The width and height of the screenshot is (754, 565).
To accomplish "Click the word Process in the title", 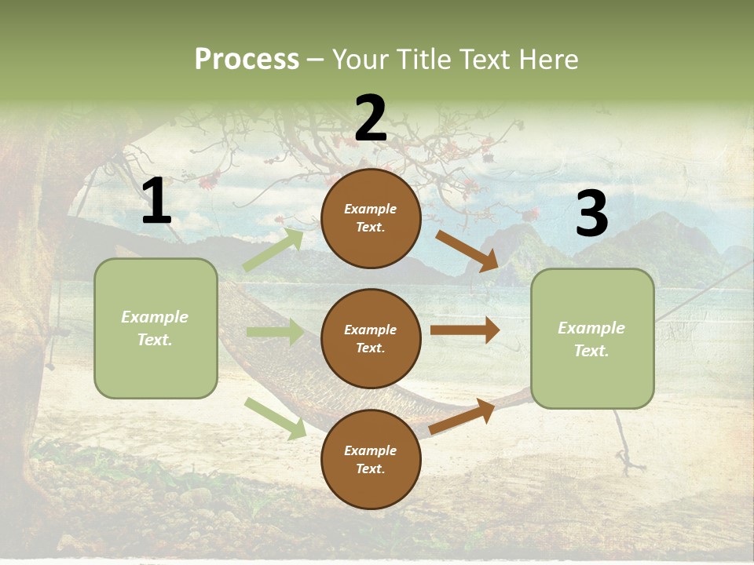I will pyautogui.click(x=247, y=60).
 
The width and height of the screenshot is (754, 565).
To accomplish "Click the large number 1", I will pyautogui.click(x=156, y=202).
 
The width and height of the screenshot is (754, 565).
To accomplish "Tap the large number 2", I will pyautogui.click(x=371, y=118).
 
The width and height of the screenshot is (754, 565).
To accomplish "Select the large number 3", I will pyautogui.click(x=591, y=213).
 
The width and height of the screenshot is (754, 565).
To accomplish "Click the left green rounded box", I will pyautogui.click(x=156, y=328).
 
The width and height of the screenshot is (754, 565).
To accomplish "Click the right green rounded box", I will pyautogui.click(x=592, y=338).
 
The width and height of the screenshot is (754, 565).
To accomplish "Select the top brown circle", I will pyautogui.click(x=371, y=218).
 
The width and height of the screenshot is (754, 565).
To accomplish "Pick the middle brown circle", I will pyautogui.click(x=371, y=338).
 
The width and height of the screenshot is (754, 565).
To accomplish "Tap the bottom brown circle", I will pyautogui.click(x=371, y=459).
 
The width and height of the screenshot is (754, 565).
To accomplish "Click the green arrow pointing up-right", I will pyautogui.click(x=273, y=250).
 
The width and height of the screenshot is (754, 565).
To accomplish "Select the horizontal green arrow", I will pyautogui.click(x=275, y=332).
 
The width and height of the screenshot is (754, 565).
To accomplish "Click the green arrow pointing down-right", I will pyautogui.click(x=275, y=418).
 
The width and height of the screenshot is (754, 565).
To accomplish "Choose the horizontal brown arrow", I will pyautogui.click(x=465, y=330).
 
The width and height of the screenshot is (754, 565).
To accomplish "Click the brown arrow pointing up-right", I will pyautogui.click(x=463, y=416).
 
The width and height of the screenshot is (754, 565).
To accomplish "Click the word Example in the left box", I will pyautogui.click(x=155, y=317).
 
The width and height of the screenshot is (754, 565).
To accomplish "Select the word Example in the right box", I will pyautogui.click(x=591, y=328).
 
